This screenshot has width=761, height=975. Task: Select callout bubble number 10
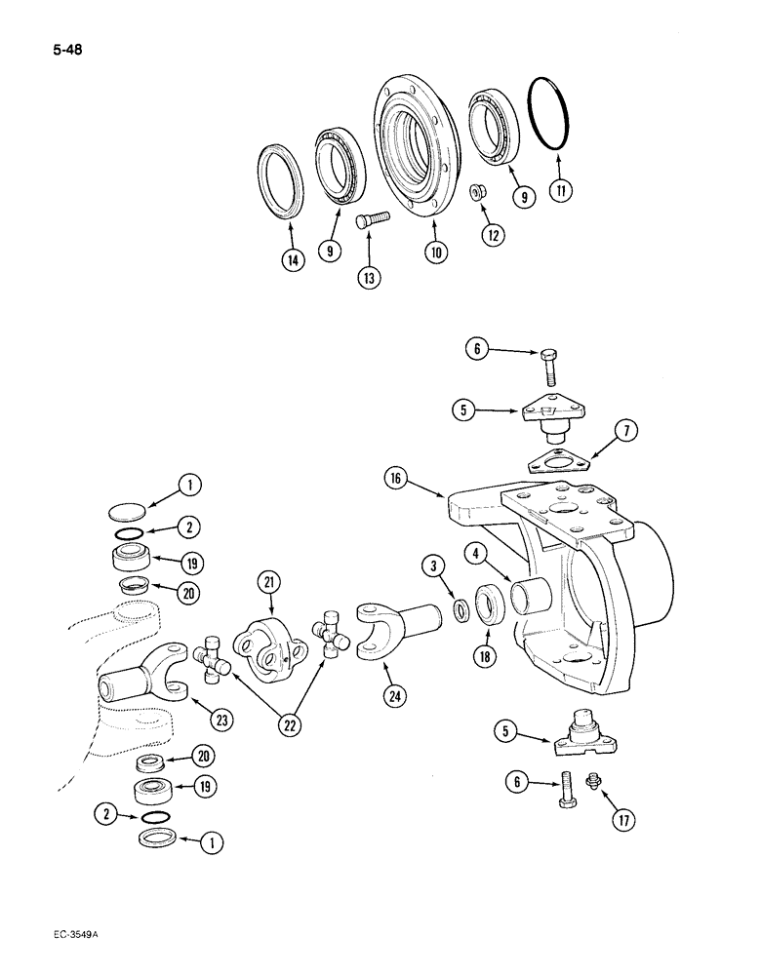click(x=435, y=252)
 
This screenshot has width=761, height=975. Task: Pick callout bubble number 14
click(x=291, y=260)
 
